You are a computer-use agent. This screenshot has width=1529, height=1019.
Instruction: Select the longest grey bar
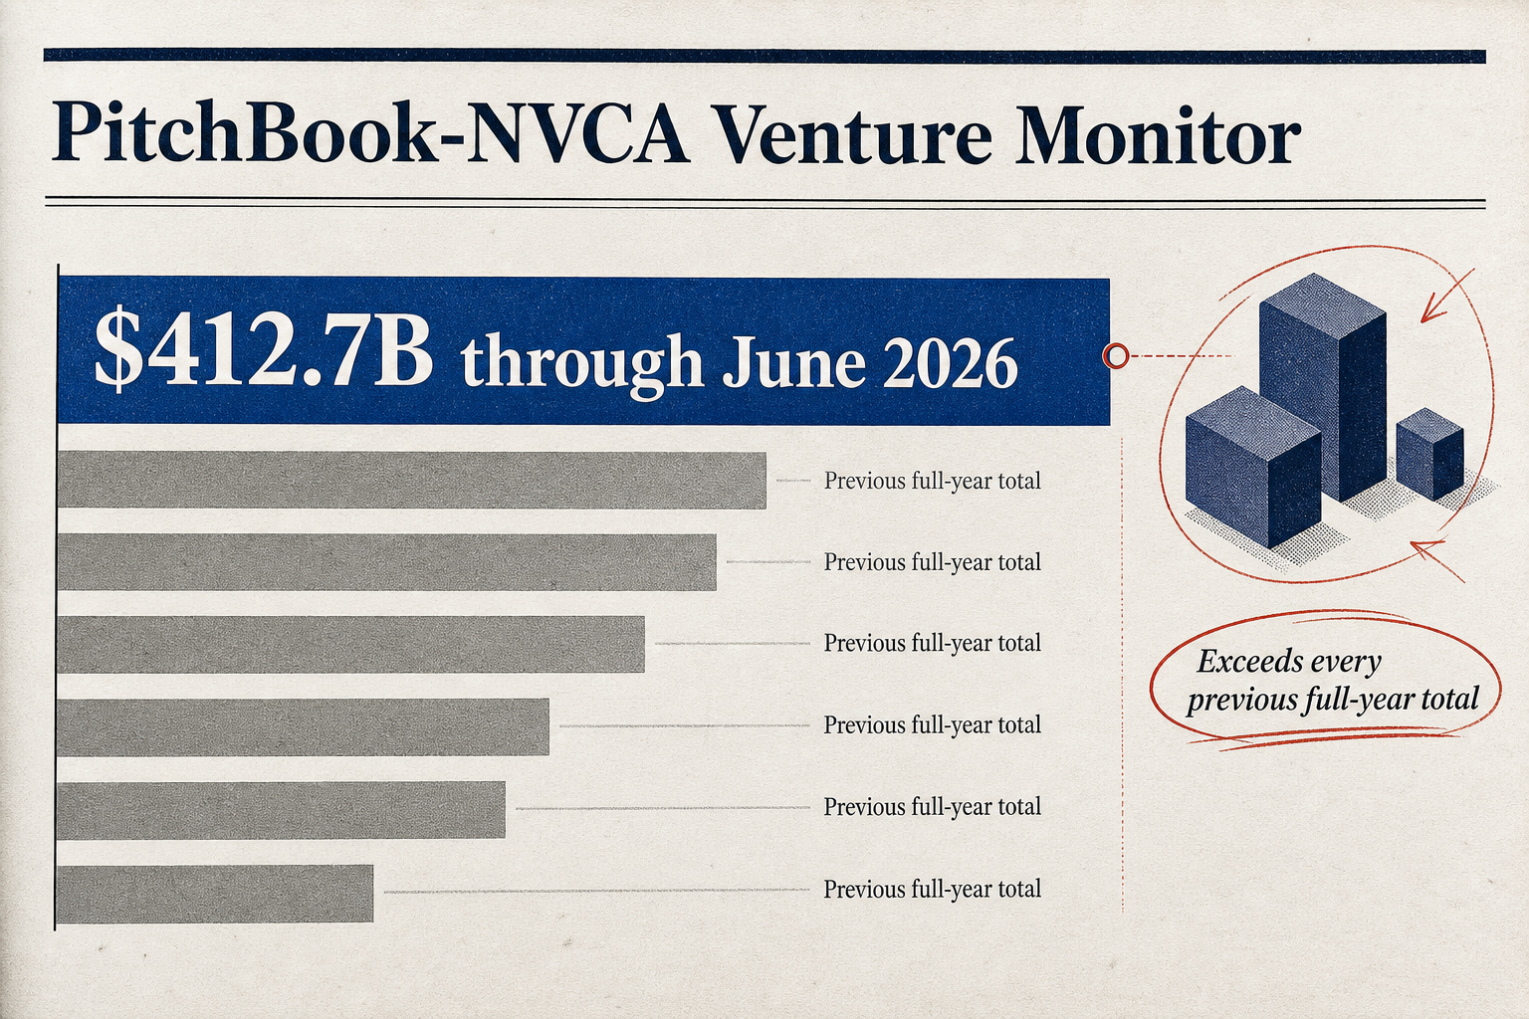tap(411, 480)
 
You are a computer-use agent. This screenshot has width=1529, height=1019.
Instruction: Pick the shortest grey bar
tap(215, 894)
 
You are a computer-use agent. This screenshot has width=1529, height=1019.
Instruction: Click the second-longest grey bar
tap(387, 561)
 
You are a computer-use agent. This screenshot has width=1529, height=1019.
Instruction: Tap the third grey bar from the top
tap(350, 644)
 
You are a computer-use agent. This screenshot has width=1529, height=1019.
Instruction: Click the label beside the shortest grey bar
tap(933, 890)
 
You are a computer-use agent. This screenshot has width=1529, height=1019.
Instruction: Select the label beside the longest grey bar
tap(933, 482)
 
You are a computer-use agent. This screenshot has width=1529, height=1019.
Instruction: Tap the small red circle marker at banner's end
tap(1116, 355)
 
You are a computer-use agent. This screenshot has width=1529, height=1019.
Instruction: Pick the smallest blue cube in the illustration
tap(1429, 453)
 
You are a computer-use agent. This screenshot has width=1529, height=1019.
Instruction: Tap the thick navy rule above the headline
tap(764, 56)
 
